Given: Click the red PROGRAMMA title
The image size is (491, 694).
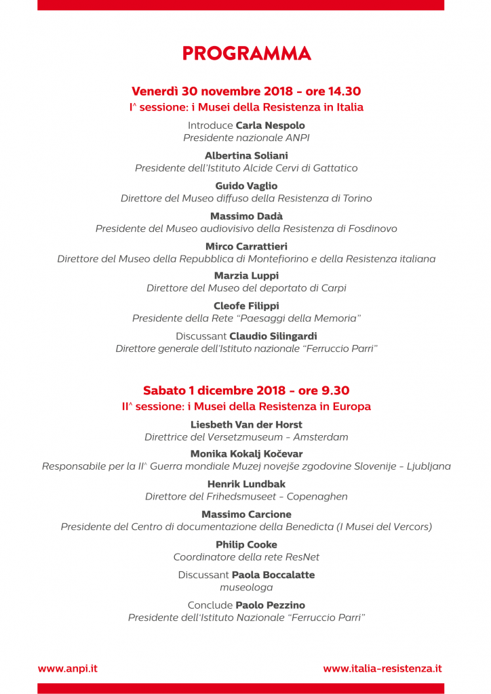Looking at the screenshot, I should click(246, 54).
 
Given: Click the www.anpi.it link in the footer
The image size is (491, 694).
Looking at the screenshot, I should click(68, 668).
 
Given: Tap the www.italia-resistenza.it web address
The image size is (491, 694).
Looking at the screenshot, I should click(382, 668).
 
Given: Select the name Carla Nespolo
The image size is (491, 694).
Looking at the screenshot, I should click(270, 125).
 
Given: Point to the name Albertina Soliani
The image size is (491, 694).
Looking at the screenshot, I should click(246, 156).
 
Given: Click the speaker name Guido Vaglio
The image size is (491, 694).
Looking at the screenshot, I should click(246, 186).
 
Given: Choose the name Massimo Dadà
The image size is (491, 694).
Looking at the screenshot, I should click(246, 216).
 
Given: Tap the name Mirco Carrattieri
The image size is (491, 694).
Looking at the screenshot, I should click(246, 246).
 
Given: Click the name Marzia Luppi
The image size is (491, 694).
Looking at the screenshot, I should click(246, 276).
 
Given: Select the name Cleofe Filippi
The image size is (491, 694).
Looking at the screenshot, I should click(246, 306).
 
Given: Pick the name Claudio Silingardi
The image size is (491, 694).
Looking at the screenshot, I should click(273, 336).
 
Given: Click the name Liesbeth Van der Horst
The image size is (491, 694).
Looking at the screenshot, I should click(246, 425).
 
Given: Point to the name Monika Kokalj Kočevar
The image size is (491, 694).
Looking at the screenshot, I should click(246, 454).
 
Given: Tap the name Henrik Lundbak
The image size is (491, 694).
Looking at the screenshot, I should click(246, 484).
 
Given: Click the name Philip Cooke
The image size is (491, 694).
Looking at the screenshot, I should click(246, 545).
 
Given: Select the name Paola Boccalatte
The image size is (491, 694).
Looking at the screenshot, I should click(273, 575).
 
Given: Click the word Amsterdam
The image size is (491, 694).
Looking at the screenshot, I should click(321, 438).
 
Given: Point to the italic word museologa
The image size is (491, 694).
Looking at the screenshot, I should click(246, 588).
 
